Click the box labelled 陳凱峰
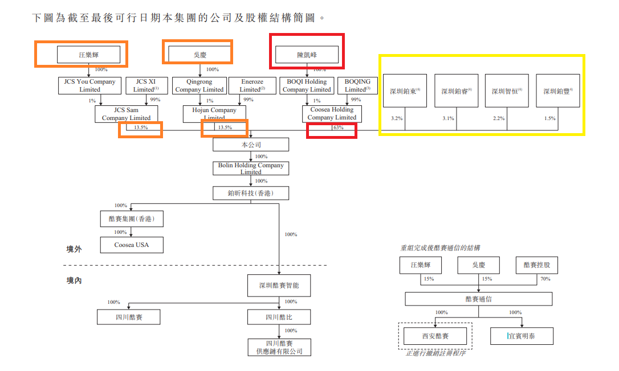tap(307, 55)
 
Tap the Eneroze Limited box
tap(252, 85)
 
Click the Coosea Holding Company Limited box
tap(332, 113)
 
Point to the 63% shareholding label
tap(339, 127)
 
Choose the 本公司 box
tap(251, 145)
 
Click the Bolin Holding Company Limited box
tap(251, 168)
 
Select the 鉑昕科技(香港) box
tap(251, 193)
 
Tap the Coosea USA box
tap(132, 245)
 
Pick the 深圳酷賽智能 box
tap(279, 285)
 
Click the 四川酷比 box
tap(279, 317)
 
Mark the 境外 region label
tap(74, 249)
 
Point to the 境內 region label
tap(74, 281)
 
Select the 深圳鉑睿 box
tap(456, 90)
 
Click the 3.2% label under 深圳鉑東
tap(397, 118)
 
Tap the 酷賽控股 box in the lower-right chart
tap(536, 265)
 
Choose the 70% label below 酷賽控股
tap(545, 279)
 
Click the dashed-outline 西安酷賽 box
tap(435, 336)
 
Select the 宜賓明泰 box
tap(521, 336)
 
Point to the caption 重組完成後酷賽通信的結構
tap(439, 248)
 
